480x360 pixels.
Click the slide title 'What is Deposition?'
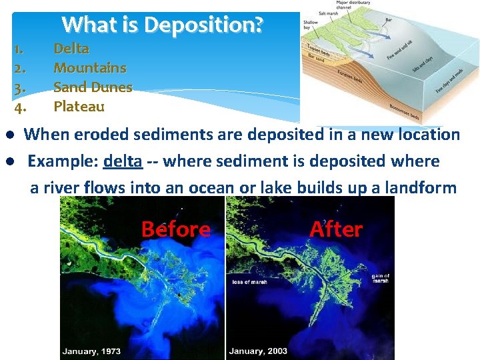[163, 25]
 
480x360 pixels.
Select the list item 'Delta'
[71, 48]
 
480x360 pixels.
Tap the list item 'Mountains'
[89, 67]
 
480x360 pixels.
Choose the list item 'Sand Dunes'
[93, 87]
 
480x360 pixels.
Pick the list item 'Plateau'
[79, 106]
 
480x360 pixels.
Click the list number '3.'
[20, 87]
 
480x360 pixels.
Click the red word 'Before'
[175, 229]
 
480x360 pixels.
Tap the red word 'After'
[336, 229]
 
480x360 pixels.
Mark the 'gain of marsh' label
[381, 279]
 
